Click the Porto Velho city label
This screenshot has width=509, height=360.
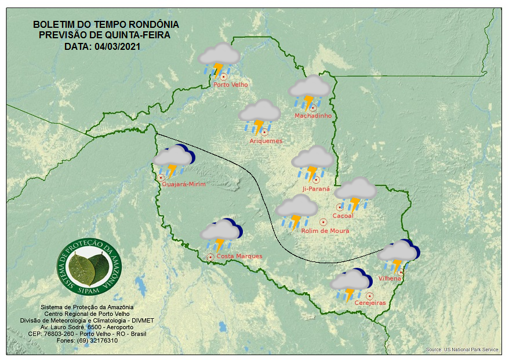(x=230, y=85)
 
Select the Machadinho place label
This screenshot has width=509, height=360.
(x=312, y=116)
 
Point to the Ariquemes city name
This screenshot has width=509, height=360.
(x=266, y=141)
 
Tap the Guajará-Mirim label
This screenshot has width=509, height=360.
(x=184, y=184)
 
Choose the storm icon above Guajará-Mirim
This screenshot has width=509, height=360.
(x=173, y=161)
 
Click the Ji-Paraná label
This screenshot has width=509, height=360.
(x=316, y=189)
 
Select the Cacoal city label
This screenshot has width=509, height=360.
(x=343, y=216)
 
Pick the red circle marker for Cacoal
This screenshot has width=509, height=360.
(x=340, y=207)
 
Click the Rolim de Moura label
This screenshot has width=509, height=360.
(x=325, y=231)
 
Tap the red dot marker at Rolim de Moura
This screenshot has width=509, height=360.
(x=323, y=221)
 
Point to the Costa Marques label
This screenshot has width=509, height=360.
(x=239, y=256)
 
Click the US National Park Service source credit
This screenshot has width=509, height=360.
(x=461, y=350)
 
